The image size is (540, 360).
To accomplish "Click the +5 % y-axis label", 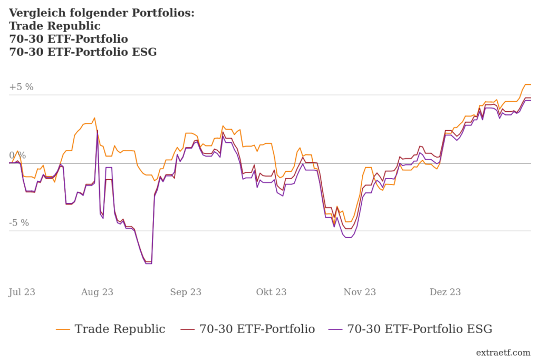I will pyautogui.click(x=21, y=87).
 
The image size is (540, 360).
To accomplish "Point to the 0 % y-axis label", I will pyautogui.click(x=17, y=155).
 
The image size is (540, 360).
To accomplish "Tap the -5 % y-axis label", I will pyautogui.click(x=19, y=223).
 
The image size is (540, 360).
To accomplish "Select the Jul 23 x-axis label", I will pyautogui.click(x=22, y=292).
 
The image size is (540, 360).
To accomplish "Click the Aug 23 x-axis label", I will pyautogui.click(x=97, y=292).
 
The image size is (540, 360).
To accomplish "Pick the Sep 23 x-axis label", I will pyautogui.click(x=186, y=292).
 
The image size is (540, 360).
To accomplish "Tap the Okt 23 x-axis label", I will pyautogui.click(x=271, y=292).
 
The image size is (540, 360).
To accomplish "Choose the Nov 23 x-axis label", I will pyautogui.click(x=360, y=292).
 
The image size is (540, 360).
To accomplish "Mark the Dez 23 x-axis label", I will pyautogui.click(x=445, y=292).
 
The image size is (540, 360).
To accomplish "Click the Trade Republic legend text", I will pyautogui.click(x=120, y=329).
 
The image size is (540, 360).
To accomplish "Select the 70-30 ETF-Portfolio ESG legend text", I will pyautogui.click(x=420, y=329).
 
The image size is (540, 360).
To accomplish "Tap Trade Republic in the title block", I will pyautogui.click(x=55, y=26).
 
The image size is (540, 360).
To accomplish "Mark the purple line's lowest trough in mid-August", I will pyautogui.click(x=149, y=264).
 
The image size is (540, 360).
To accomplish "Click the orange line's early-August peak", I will pyautogui.click(x=94, y=118).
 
